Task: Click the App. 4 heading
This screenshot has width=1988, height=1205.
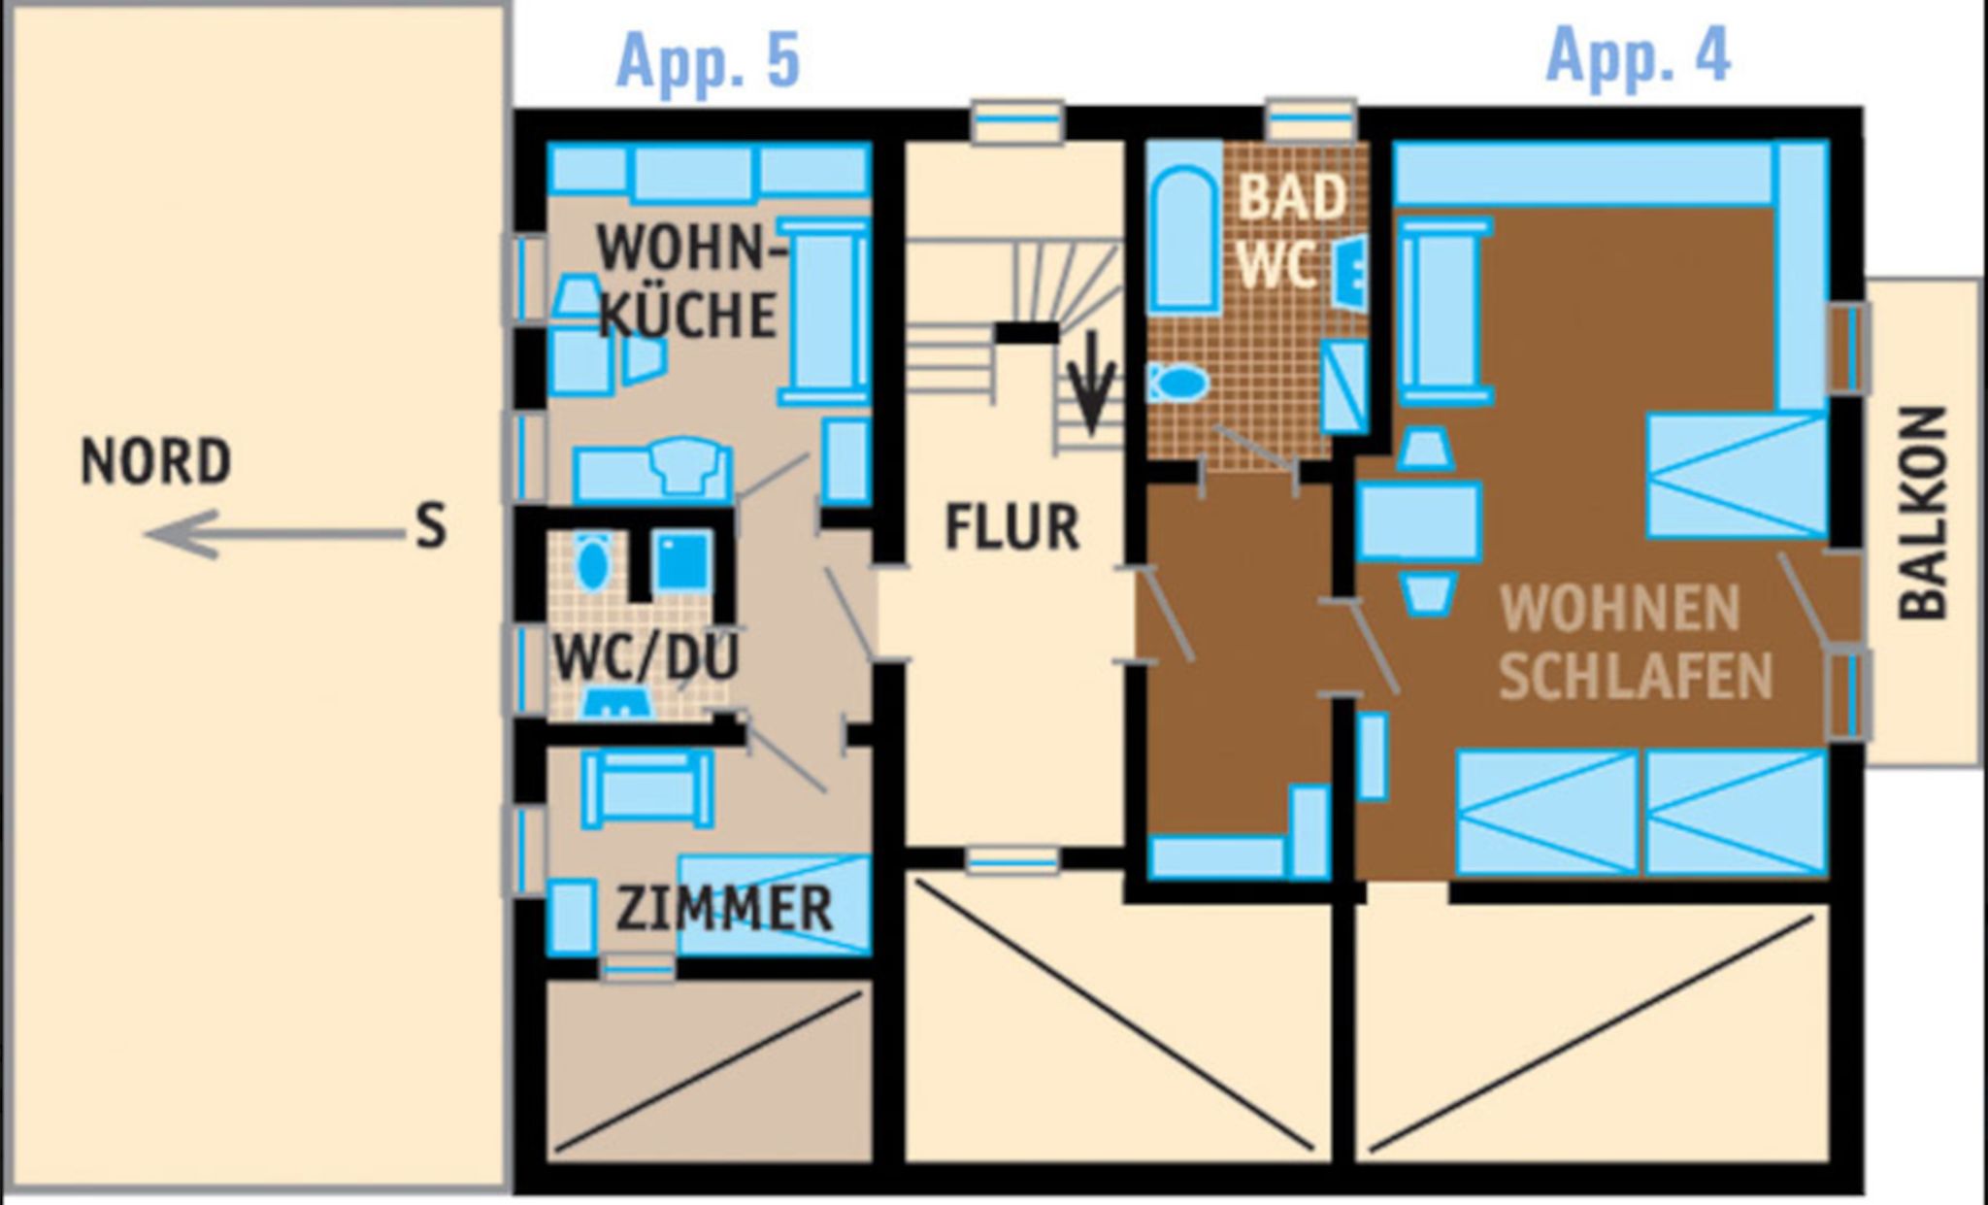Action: click(1638, 56)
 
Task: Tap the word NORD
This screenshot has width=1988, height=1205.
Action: click(155, 461)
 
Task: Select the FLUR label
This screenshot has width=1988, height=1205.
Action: click(1012, 528)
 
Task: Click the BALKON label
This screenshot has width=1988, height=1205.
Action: click(1923, 514)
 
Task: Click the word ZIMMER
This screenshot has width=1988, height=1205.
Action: click(724, 909)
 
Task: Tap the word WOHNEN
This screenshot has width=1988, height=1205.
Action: click(1620, 609)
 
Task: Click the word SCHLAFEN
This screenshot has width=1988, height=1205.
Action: click(1636, 676)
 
